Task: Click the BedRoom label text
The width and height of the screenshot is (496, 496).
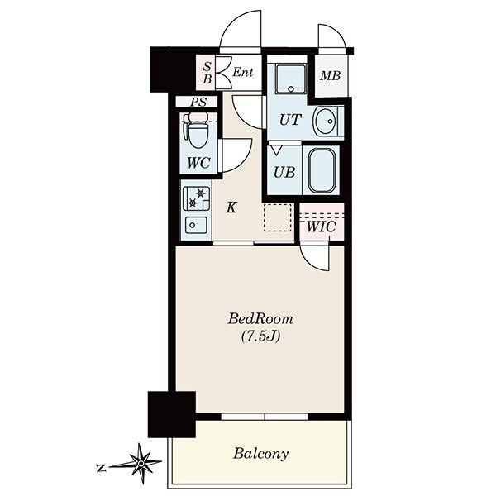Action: pyautogui.click(x=260, y=319)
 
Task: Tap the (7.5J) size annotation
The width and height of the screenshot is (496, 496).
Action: pyautogui.click(x=260, y=336)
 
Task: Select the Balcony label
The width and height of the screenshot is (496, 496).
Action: pyautogui.click(x=260, y=454)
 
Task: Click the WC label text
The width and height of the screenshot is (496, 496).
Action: pyautogui.click(x=198, y=163)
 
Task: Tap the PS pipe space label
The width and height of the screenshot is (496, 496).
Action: pyautogui.click(x=198, y=102)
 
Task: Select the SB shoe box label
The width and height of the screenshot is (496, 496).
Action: pyautogui.click(x=207, y=73)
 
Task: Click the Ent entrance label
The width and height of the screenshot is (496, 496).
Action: pyautogui.click(x=243, y=73)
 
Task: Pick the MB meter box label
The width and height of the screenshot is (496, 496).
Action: pyautogui.click(x=330, y=76)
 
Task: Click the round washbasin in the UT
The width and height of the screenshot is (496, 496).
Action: pyautogui.click(x=325, y=122)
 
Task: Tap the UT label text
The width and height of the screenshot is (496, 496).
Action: pyautogui.click(x=290, y=120)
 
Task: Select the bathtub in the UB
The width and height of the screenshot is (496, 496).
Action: pyautogui.click(x=322, y=171)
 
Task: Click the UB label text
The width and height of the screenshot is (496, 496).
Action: pyautogui.click(x=284, y=173)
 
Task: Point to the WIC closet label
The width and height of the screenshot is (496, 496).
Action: pyautogui.click(x=321, y=227)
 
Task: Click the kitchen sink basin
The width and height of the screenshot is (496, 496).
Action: pyautogui.click(x=196, y=225)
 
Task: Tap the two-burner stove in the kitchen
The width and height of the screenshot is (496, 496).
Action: pyautogui.click(x=196, y=198)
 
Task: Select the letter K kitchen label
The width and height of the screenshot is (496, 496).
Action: pyautogui.click(x=231, y=207)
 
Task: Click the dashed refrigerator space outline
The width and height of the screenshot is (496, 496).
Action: pyautogui.click(x=278, y=217)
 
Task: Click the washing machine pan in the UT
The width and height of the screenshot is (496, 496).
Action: pyautogui.click(x=291, y=79)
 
